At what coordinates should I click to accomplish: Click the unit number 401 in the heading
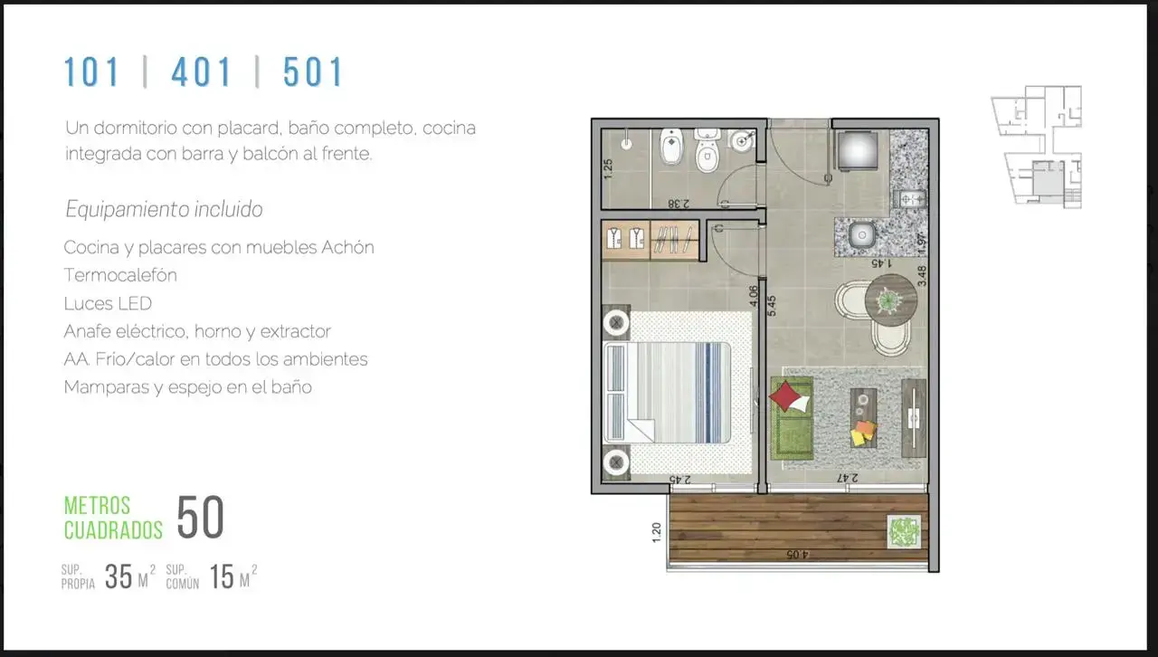point(201,71)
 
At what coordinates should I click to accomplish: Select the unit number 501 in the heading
point(313,71)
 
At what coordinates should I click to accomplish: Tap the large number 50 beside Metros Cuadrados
point(201,517)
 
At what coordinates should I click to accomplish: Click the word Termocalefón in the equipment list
point(120,275)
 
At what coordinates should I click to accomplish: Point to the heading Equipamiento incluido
point(164,210)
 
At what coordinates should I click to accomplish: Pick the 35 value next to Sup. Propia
point(119,576)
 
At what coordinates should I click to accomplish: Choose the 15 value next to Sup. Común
point(222,576)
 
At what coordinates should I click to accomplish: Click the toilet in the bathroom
point(707,151)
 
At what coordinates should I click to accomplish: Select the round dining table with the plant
point(891,300)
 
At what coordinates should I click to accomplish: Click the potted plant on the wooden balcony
point(904,531)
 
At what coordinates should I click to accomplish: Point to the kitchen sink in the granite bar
point(862,236)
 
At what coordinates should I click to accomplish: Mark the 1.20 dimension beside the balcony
point(657,532)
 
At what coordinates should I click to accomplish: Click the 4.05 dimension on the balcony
point(797,555)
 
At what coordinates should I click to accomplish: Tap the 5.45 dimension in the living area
point(772,306)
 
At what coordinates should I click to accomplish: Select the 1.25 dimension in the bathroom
point(608,168)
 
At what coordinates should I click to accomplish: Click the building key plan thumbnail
point(1038,147)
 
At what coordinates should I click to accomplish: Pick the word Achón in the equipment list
point(347,247)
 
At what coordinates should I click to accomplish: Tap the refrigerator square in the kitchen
point(858,150)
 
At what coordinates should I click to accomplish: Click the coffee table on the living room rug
point(863,418)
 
